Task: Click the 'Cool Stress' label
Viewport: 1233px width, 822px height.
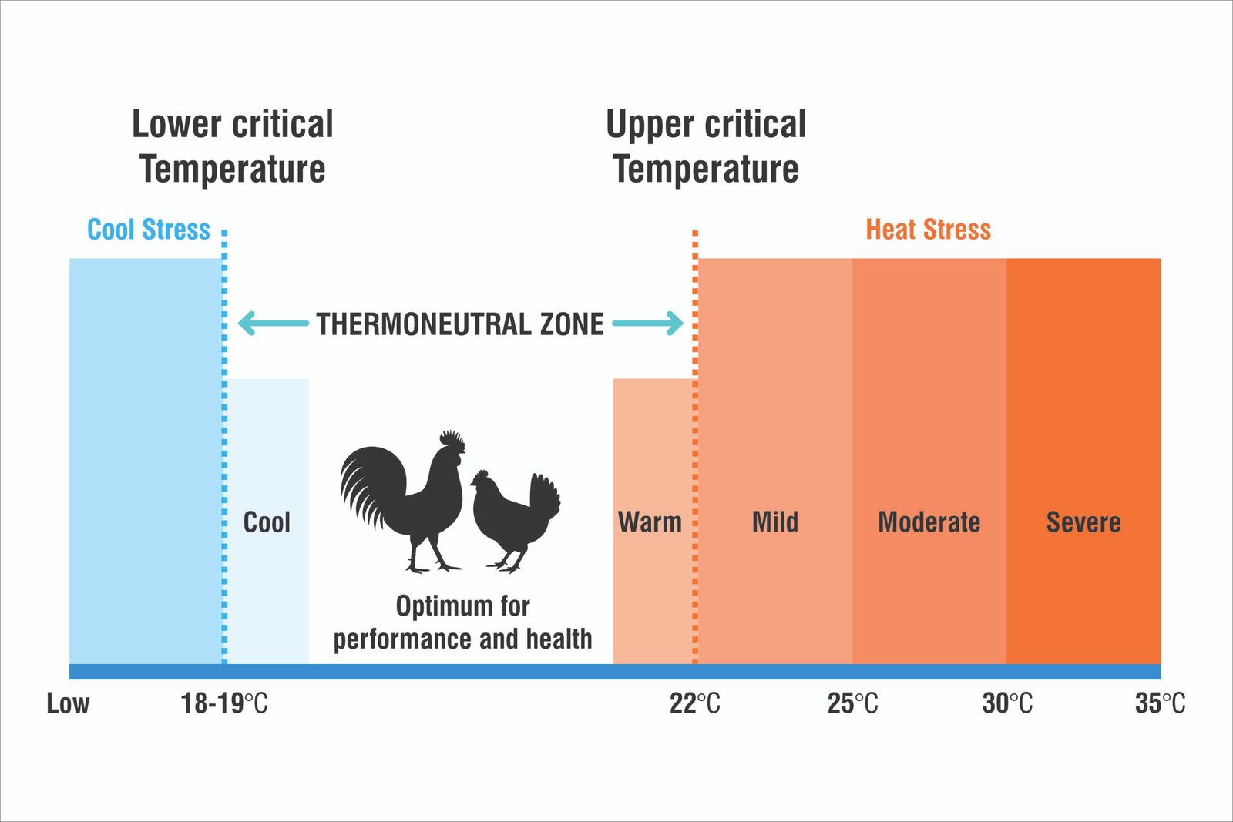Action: (148, 230)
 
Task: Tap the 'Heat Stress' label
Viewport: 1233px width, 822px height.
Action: (928, 230)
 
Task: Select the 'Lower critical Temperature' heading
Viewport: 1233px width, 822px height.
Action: (232, 146)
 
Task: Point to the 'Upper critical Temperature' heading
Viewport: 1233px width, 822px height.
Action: (706, 146)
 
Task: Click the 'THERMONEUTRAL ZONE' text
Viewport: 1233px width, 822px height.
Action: (460, 324)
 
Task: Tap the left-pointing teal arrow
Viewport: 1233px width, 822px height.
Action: (272, 324)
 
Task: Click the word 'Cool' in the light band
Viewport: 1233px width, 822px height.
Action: (267, 522)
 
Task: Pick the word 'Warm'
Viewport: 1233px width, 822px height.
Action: (650, 522)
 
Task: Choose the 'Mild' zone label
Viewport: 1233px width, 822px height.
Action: (774, 522)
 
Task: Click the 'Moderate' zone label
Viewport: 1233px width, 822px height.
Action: (929, 522)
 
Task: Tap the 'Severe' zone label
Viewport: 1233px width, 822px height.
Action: (1083, 522)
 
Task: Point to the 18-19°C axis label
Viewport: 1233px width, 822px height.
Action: (224, 703)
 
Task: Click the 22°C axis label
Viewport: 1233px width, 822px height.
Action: (694, 703)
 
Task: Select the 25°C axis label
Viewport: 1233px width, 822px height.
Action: (852, 703)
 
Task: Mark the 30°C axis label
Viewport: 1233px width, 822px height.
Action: (1007, 703)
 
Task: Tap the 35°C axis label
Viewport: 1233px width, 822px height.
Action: (1160, 703)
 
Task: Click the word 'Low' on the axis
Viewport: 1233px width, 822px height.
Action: (68, 703)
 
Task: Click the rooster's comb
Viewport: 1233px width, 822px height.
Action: (452, 440)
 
